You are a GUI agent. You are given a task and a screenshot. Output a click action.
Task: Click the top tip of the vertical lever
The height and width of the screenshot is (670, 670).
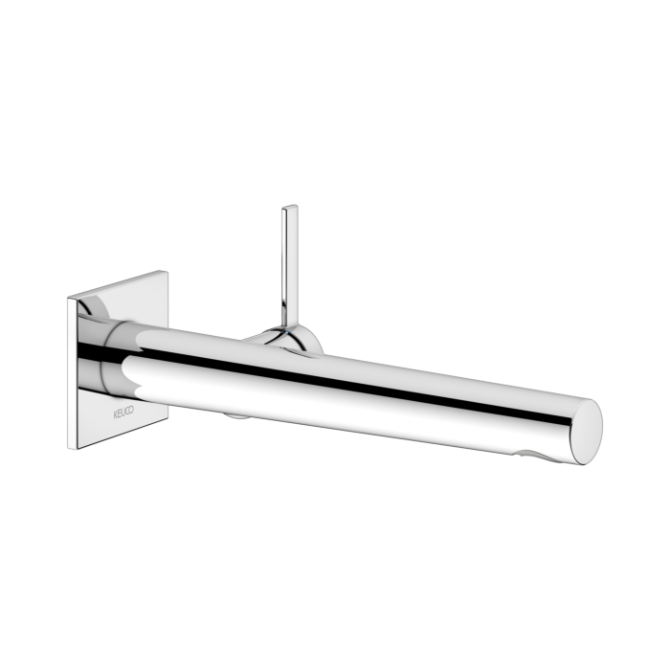tap(288, 207)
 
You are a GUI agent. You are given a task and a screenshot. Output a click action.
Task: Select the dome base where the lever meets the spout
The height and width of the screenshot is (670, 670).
tap(283, 336)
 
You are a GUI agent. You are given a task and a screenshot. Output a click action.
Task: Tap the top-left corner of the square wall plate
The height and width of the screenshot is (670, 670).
tap(69, 299)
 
